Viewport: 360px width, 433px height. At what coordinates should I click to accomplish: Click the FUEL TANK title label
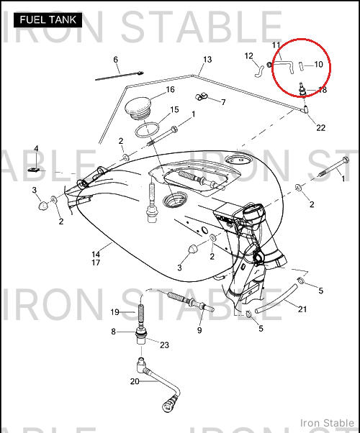point(48,20)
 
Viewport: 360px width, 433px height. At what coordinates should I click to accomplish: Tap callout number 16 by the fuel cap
point(171,89)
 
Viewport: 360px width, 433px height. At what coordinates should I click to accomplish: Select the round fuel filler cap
point(138,108)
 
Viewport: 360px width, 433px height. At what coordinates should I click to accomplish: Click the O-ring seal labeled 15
point(148,129)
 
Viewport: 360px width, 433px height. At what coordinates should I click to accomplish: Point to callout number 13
point(207,60)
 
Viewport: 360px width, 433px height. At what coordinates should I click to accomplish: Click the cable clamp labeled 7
point(202,97)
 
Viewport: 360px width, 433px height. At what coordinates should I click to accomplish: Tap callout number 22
point(320,128)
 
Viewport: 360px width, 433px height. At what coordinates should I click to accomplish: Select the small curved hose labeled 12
point(258,71)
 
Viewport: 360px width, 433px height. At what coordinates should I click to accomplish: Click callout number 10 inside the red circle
point(318,65)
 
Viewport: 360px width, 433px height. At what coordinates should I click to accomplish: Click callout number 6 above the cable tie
point(116,60)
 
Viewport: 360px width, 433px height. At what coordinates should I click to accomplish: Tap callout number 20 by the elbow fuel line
point(135,381)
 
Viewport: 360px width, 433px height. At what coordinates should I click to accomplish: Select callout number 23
point(164,345)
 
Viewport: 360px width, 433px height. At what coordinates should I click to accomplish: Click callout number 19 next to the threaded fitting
point(114,312)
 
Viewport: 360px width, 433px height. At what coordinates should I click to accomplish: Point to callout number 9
point(199,330)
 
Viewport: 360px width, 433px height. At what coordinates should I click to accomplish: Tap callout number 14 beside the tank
point(96,255)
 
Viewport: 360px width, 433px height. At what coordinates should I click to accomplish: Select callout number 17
point(96,263)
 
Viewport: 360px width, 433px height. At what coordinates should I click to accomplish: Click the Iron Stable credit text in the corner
point(327,423)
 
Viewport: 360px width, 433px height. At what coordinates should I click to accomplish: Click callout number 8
point(113,332)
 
